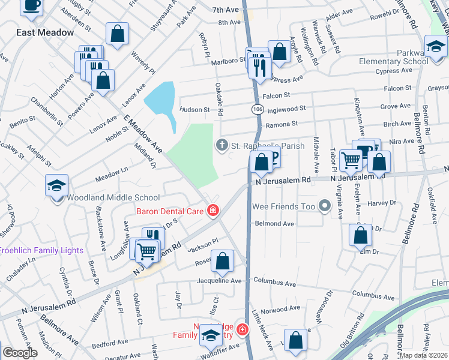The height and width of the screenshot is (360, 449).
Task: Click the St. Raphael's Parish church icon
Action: pyautogui.click(x=221, y=145)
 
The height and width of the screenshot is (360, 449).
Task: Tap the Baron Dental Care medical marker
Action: pyautogui.click(x=212, y=210)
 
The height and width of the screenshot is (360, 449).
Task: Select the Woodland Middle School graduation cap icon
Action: pyautogui.click(x=57, y=185)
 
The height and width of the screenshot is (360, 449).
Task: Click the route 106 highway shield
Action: pyautogui.click(x=257, y=110)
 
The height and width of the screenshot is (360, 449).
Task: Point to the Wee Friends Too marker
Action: pyautogui.click(x=325, y=207)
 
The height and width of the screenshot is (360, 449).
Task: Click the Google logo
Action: pyautogui.click(x=20, y=353)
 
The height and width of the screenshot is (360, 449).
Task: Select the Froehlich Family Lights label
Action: pyautogui.click(x=33, y=250)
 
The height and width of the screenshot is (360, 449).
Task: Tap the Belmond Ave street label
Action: pyautogui.click(x=274, y=224)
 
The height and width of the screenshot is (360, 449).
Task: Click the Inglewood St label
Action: pyautogui.click(x=286, y=109)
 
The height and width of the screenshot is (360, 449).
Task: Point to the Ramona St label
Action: pyautogui.click(x=282, y=124)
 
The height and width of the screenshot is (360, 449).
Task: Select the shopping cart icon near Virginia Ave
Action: pyautogui.click(x=351, y=160)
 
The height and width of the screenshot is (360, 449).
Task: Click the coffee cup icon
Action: pyautogui.click(x=32, y=5)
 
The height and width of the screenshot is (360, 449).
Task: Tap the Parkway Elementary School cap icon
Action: pyautogui.click(x=436, y=46)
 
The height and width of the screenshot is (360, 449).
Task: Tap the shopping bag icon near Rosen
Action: pyautogui.click(x=222, y=261)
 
